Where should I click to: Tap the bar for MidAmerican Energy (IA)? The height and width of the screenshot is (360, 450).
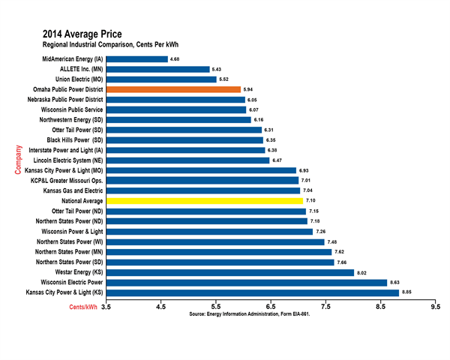[x=137, y=58]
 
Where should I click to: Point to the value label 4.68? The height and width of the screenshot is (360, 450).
[x=175, y=58]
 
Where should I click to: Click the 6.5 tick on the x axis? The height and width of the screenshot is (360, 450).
[x=271, y=306]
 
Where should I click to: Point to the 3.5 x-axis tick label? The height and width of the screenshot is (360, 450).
[x=106, y=306]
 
